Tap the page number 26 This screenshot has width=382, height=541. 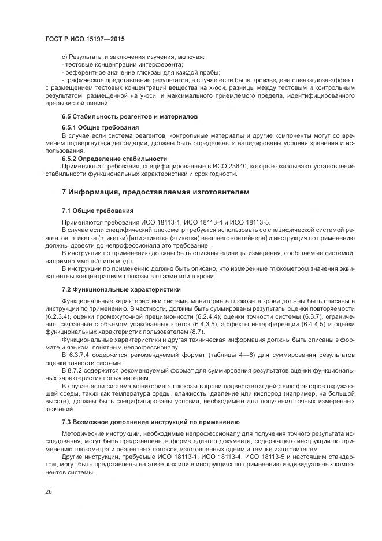coord(48,492)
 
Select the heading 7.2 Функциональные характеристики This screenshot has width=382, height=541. coord(121,289)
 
